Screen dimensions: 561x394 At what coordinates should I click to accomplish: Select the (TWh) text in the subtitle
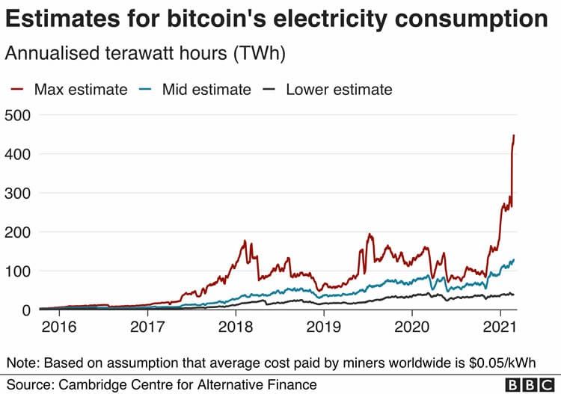point(260,54)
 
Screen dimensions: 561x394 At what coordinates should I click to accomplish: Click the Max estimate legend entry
point(69,90)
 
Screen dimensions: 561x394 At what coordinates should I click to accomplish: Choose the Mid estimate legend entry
point(195,90)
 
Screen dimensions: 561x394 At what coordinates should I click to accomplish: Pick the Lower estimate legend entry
point(328,90)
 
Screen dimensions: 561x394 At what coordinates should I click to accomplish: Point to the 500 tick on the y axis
point(17,116)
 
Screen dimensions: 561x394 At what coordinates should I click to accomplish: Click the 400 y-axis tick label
point(17,155)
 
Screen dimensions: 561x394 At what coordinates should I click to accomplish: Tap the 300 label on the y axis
point(17,194)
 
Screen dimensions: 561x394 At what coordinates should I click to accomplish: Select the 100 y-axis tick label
point(17,271)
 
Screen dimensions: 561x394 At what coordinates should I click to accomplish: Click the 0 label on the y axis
point(26,310)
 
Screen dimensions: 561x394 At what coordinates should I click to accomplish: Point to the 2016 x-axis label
point(59,327)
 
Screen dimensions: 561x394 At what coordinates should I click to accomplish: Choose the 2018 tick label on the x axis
point(236,327)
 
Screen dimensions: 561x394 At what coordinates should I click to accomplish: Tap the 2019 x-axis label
point(324,327)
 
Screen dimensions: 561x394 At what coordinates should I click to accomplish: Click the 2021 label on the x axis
point(500,327)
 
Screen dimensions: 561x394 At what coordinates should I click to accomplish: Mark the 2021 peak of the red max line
point(514,135)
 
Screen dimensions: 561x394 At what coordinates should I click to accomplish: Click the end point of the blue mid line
point(514,259)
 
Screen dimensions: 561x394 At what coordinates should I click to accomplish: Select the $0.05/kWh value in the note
point(502,363)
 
